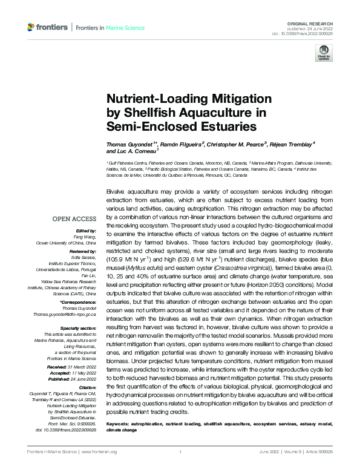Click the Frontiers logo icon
click(x=31, y=28)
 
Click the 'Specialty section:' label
click(x=79, y=327)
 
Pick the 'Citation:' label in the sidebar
click(x=87, y=385)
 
